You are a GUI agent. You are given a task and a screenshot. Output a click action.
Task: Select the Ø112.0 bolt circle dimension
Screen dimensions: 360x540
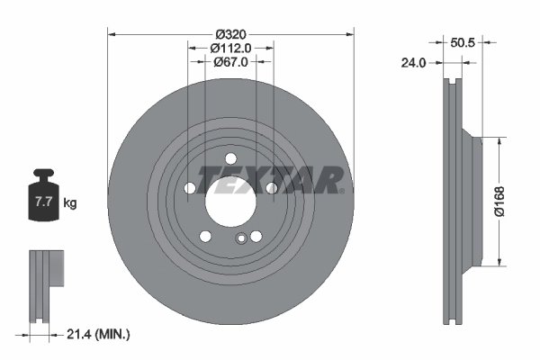click(230, 48)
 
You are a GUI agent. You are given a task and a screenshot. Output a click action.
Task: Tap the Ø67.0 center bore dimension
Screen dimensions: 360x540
click(230, 62)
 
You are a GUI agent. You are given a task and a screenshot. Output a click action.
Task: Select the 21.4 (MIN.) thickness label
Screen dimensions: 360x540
click(99, 334)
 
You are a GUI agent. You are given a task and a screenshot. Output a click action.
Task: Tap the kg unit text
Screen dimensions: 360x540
click(69, 203)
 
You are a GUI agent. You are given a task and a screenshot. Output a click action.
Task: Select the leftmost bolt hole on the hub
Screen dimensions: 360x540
click(191, 188)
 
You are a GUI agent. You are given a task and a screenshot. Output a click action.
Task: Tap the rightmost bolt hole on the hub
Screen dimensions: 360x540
click(271, 188)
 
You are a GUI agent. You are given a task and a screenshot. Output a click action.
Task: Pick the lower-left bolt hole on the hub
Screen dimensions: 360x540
click(206, 236)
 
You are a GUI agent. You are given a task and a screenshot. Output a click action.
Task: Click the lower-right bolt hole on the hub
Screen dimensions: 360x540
click(256, 236)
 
